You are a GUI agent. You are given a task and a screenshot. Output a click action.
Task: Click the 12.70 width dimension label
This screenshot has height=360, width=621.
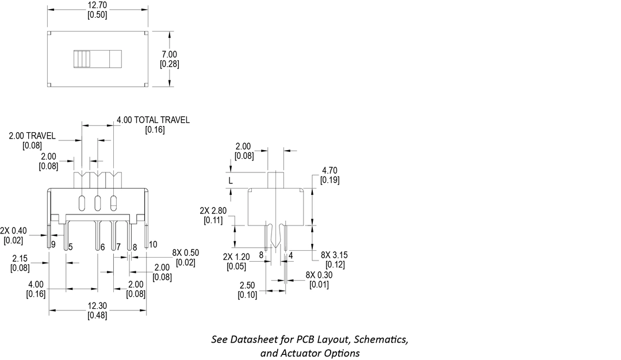(x=97, y=5)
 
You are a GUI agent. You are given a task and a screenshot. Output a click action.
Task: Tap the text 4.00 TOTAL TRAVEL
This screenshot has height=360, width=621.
(x=153, y=120)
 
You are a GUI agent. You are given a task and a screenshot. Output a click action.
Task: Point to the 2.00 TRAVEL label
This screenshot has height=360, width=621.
(x=32, y=136)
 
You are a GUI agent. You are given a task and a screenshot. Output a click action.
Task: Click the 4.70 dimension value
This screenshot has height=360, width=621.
(x=330, y=170)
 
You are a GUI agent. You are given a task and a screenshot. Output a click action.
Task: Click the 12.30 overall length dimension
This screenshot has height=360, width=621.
(x=97, y=307)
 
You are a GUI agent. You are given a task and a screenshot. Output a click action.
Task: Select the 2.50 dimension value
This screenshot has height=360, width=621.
(x=247, y=285)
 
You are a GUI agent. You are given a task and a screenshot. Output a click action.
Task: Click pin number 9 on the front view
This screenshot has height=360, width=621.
(x=53, y=245)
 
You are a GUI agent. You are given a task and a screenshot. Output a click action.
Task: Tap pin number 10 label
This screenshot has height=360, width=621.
(x=152, y=244)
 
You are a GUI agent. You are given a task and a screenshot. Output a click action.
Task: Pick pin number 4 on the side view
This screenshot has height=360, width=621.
(x=291, y=254)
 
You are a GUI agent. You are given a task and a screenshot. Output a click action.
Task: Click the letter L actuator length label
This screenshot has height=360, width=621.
(x=231, y=181)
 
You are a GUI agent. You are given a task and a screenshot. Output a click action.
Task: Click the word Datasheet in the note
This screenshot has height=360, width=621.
(x=252, y=339)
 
